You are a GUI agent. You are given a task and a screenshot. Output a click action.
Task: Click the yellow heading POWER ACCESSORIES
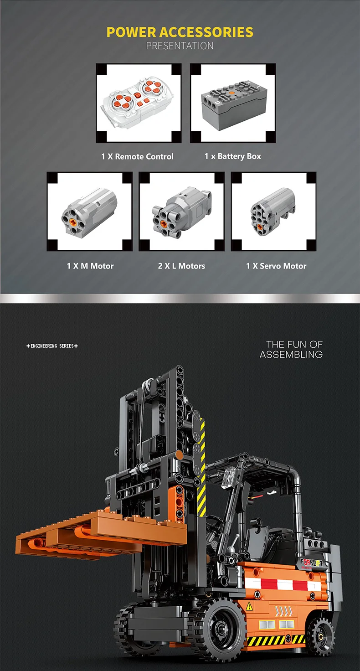tap(180, 32)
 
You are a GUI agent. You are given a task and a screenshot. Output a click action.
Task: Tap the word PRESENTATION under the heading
tap(180, 46)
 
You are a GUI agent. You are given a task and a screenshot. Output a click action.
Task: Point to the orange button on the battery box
tap(231, 93)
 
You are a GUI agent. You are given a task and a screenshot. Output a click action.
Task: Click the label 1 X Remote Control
tap(137, 156)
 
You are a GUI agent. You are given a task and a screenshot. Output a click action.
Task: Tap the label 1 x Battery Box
tap(233, 156)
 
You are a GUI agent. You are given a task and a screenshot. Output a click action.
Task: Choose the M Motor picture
tap(89, 212)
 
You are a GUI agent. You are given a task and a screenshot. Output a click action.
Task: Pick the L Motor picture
tap(181, 212)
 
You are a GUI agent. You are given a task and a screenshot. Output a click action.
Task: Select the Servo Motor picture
tap(273, 212)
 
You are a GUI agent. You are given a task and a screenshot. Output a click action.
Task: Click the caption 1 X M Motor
tap(90, 266)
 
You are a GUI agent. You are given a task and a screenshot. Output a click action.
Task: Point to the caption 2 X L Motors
tap(181, 266)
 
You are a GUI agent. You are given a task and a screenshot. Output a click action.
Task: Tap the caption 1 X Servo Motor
tap(276, 266)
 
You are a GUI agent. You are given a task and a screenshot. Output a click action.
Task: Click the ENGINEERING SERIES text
tap(52, 346)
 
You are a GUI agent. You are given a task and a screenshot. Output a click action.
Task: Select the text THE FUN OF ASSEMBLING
tap(291, 349)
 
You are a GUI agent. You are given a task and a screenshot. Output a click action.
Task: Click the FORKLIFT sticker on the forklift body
tap(312, 563)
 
